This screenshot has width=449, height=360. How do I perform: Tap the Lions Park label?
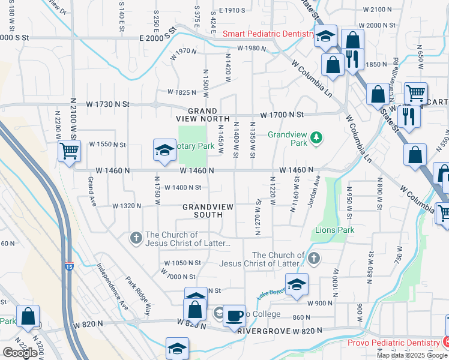(x=334, y=230)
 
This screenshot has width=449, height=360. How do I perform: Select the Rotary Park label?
(x=196, y=146)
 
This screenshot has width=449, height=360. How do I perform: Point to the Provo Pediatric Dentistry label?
(x=394, y=343)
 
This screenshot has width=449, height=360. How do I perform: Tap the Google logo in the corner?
(x=20, y=353)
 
